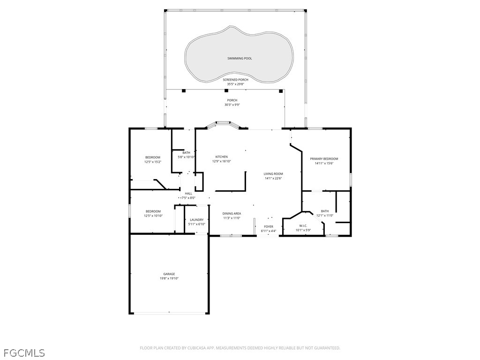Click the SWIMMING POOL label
[x=240, y=59]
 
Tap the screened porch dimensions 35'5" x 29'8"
[x=235, y=84]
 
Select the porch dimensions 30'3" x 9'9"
[x=232, y=105]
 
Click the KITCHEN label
[x=221, y=157]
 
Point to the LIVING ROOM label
[x=273, y=174]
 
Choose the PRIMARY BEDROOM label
[x=323, y=159]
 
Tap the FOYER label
[x=268, y=226]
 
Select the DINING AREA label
[x=231, y=213]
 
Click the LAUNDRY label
[x=196, y=220]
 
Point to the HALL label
[x=188, y=194]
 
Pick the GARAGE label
[x=169, y=274]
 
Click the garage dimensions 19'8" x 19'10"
[x=169, y=278]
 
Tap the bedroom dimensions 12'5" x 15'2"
[x=152, y=162]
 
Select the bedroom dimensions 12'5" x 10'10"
[x=152, y=216]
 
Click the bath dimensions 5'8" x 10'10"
[x=186, y=157]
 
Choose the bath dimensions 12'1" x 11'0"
[x=324, y=216]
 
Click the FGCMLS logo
[x=24, y=352]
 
